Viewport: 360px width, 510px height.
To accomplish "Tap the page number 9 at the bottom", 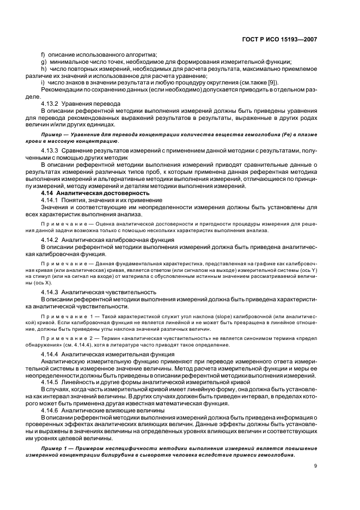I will coord(315,465).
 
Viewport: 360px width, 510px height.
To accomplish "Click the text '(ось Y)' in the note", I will coord(308,269).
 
